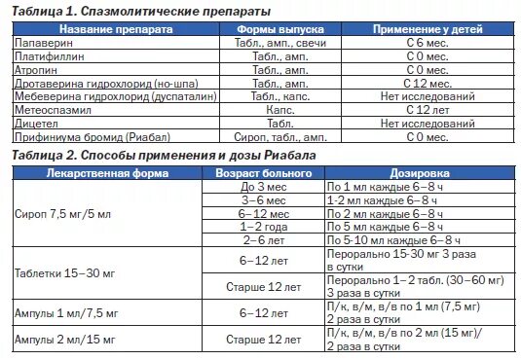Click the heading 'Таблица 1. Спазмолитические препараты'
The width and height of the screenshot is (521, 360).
146,10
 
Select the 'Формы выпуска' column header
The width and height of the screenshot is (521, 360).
276,30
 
